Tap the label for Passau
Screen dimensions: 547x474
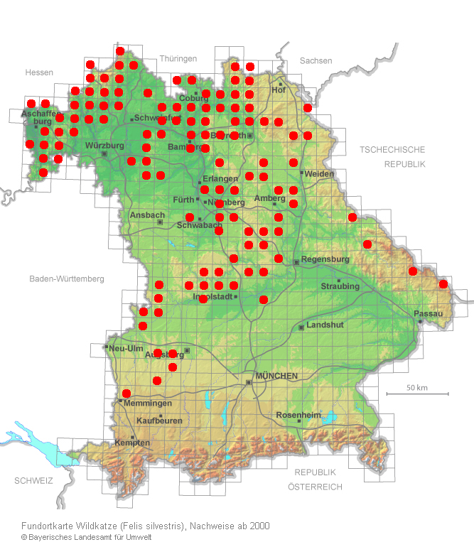pyautogui.click(x=428, y=313)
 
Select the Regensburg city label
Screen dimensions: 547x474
pyautogui.click(x=325, y=259)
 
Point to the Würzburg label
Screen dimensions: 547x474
pyautogui.click(x=104, y=146)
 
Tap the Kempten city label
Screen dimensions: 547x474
pyautogui.click(x=132, y=443)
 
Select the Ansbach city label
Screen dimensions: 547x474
pyautogui.click(x=147, y=215)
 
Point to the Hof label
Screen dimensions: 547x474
pyautogui.click(x=279, y=90)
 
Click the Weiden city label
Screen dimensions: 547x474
pyautogui.click(x=318, y=174)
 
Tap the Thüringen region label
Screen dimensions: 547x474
pyautogui.click(x=178, y=59)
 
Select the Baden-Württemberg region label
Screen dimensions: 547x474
pyautogui.click(x=67, y=278)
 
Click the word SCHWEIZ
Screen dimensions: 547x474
pyautogui.click(x=33, y=481)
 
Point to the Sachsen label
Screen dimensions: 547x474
pyautogui.click(x=316, y=61)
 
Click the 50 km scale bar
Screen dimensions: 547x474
pyautogui.click(x=417, y=393)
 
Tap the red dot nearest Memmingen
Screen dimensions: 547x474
pyautogui.click(x=126, y=393)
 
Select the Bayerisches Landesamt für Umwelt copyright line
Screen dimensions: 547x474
pyautogui.click(x=86, y=537)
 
